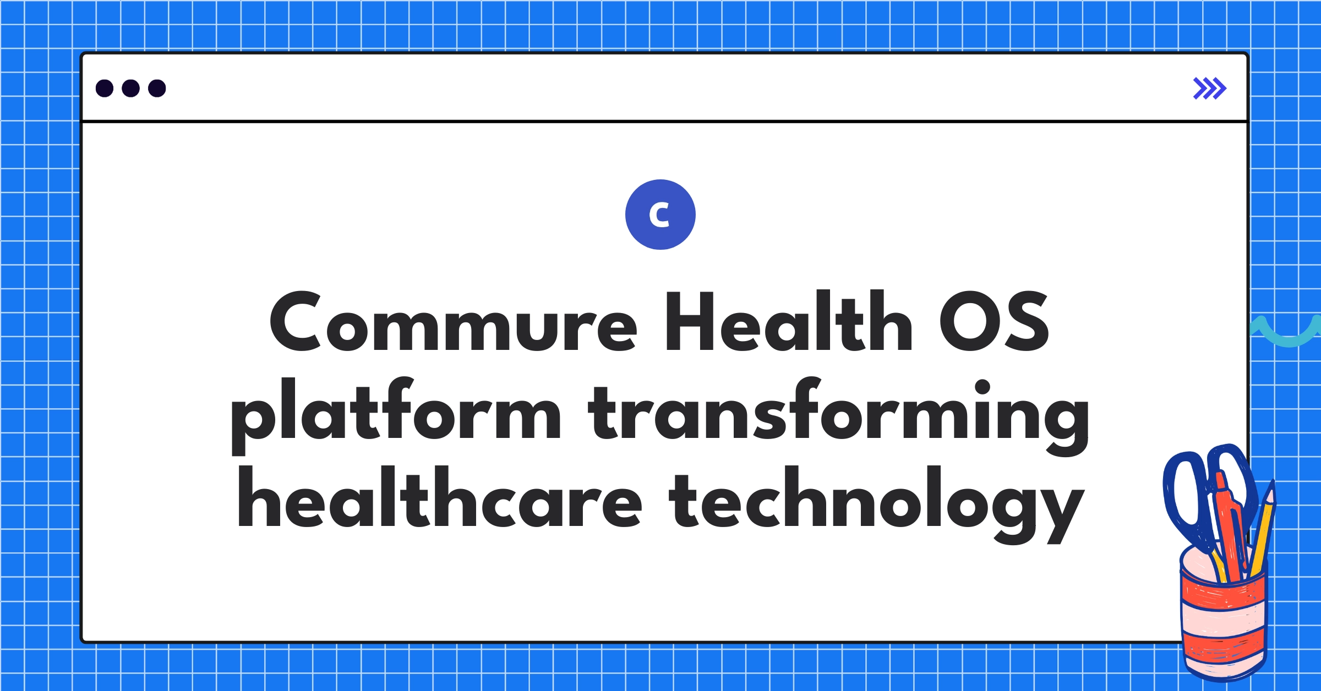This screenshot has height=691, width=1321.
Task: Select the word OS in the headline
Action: [x=994, y=321]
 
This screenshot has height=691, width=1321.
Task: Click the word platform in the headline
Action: [x=396, y=416]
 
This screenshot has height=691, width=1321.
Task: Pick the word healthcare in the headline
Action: [x=440, y=496]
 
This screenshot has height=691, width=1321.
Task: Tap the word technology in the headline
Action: [x=876, y=504]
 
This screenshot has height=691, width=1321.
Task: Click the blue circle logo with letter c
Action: [x=660, y=215]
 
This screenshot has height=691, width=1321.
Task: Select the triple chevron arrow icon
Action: [x=1210, y=89]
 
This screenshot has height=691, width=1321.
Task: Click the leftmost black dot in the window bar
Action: [x=105, y=88]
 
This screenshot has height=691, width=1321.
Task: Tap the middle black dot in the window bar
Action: [x=130, y=88]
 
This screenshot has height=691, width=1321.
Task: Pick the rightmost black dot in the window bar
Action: [x=157, y=88]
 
